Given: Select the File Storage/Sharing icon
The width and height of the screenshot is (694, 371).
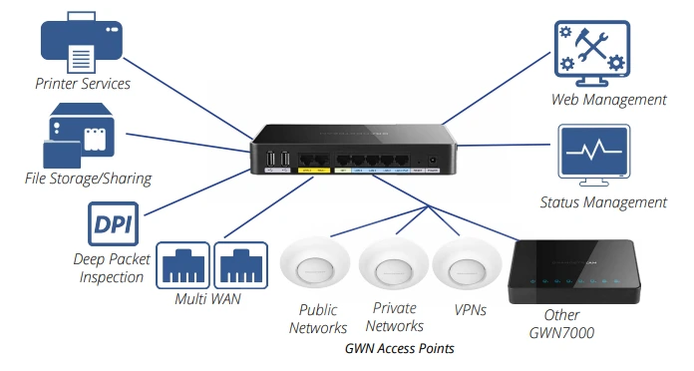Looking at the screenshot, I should click(83, 137).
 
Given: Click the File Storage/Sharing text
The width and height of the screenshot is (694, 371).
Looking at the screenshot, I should click(88, 180).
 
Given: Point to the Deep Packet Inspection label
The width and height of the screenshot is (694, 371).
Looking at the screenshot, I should click(111, 268).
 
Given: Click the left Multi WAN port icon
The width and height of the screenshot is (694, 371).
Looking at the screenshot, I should click(182, 264).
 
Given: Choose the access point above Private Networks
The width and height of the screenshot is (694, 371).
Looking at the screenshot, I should click(393, 264).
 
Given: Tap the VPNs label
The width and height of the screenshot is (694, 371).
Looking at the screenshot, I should click(469, 310).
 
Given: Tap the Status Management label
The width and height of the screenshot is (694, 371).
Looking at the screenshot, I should click(602, 202).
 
